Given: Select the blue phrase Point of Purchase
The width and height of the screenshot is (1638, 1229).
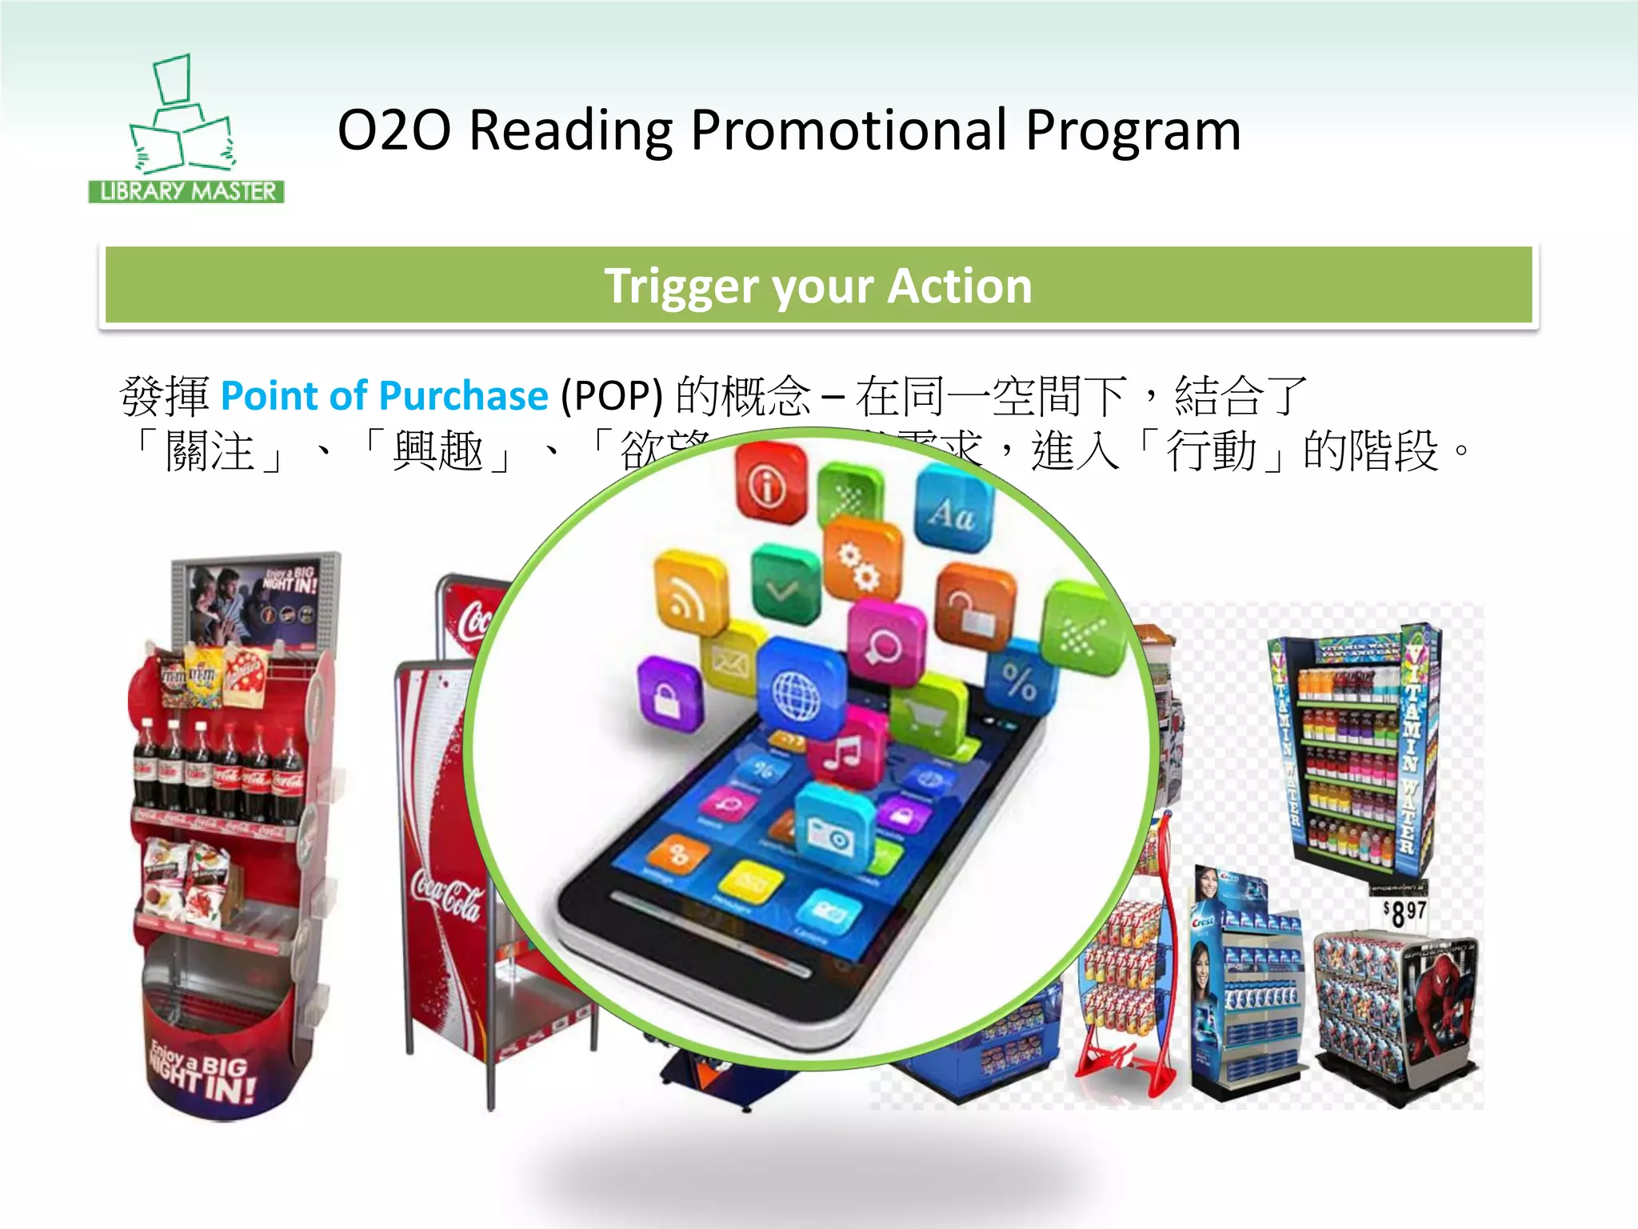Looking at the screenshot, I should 384,396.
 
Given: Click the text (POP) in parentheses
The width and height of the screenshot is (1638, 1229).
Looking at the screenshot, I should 612,396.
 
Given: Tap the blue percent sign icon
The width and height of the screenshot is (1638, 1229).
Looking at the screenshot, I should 1020,681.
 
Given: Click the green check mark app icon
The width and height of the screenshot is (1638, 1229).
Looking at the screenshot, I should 784,589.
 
